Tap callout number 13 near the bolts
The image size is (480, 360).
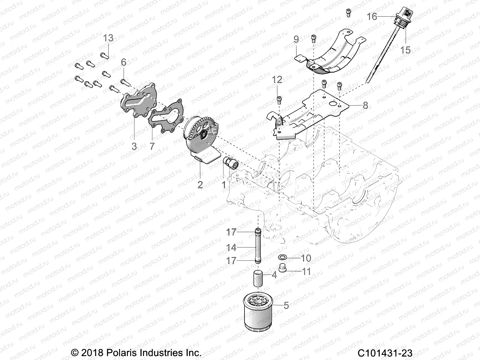(108, 38)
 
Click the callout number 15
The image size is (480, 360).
(405, 50)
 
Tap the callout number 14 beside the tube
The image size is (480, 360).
(231, 247)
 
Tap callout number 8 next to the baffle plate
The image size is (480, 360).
(365, 105)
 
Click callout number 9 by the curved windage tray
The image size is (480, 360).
(296, 39)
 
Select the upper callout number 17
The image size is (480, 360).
(231, 232)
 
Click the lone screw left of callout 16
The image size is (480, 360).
(348, 13)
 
